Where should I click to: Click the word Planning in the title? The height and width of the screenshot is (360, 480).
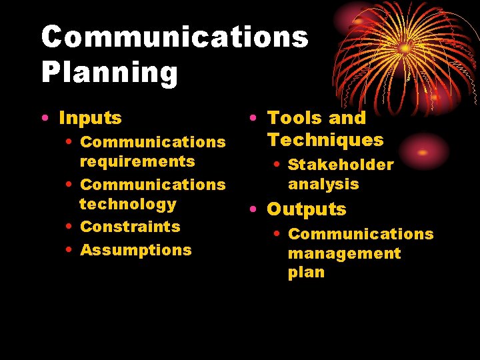tap(109, 73)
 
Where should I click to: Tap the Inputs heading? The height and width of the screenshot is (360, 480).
tap(90, 118)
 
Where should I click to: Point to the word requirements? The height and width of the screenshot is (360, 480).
tap(137, 161)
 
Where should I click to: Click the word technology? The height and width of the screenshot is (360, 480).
tap(128, 204)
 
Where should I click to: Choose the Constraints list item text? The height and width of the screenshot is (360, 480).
tap(130, 227)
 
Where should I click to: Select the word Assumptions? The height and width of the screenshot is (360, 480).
tap(135, 250)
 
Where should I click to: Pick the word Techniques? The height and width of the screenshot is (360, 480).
tap(325, 139)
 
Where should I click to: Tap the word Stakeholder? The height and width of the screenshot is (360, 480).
tap(341, 165)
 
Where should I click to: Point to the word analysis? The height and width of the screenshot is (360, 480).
tap(323, 184)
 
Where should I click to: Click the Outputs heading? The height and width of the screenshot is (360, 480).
tap(306, 209)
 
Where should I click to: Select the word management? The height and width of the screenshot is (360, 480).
tap(344, 253)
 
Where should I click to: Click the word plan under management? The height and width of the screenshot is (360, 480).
tap(306, 273)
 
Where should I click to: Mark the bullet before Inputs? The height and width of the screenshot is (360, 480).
tap(43, 119)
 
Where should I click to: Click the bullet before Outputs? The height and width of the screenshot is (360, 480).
tap(253, 210)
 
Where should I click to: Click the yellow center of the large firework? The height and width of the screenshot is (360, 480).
tap(405, 48)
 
